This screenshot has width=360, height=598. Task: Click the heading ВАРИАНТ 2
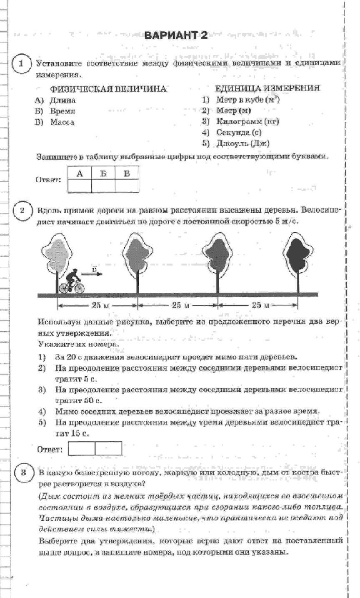click(x=175, y=35)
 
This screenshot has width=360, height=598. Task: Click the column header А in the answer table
click(x=80, y=173)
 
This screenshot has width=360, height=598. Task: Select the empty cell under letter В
click(x=127, y=186)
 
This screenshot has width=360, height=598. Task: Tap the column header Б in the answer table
click(x=103, y=173)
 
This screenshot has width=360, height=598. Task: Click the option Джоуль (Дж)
click(x=243, y=143)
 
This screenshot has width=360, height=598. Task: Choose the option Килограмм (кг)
click(x=247, y=121)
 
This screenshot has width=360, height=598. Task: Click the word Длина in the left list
click(x=62, y=100)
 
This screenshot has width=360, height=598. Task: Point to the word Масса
click(x=62, y=122)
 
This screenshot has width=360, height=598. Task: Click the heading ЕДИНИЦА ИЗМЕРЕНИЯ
click(x=267, y=88)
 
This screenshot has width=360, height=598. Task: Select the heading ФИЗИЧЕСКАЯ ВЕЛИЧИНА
click(x=108, y=89)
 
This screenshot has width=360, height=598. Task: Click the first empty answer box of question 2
click(x=82, y=449)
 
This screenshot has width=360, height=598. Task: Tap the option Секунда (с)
click(x=239, y=132)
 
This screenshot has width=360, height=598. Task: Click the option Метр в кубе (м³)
click(x=248, y=100)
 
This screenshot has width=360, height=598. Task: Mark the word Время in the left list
click(x=62, y=111)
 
